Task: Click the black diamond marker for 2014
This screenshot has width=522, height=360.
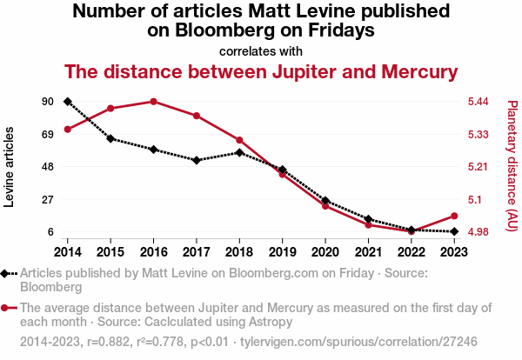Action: [68, 102]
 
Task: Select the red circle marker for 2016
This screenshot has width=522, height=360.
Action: [153, 102]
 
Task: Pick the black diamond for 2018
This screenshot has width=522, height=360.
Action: [239, 152]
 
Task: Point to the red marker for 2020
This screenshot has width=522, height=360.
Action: [325, 206]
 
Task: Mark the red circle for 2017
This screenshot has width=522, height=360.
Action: [197, 116]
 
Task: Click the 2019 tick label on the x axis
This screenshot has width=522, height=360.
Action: [282, 251]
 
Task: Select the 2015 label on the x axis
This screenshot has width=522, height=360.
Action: [110, 251]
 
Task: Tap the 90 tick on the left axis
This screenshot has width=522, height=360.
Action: [49, 102]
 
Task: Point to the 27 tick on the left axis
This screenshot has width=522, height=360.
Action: [49, 200]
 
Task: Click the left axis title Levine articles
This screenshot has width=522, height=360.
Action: [10, 166]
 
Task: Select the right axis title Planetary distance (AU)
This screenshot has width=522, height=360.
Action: [512, 166]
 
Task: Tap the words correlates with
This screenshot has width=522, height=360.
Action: [260, 50]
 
